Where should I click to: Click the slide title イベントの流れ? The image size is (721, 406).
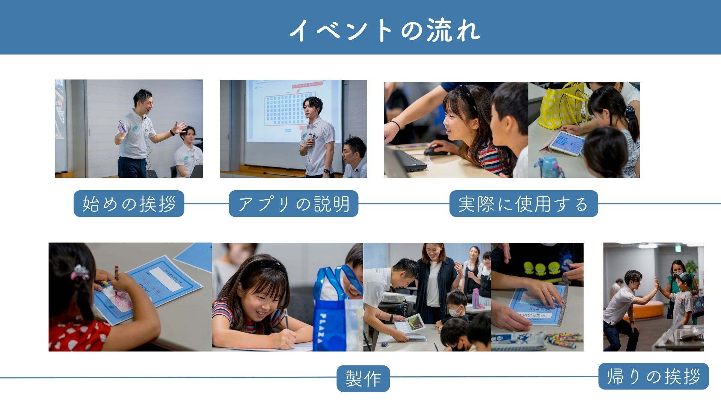[385, 30]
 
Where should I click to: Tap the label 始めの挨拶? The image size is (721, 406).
[129, 204]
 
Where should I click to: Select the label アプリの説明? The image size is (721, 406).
[294, 204]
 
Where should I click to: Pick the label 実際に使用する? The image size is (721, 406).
[523, 204]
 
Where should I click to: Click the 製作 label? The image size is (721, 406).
[363, 378]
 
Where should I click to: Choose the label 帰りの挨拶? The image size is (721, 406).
[653, 376]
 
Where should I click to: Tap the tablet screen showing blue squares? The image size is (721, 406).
[567, 143]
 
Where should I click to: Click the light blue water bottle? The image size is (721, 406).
[551, 167]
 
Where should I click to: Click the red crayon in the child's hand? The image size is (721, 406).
[116, 272]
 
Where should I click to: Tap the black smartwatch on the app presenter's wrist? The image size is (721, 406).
[326, 171]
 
